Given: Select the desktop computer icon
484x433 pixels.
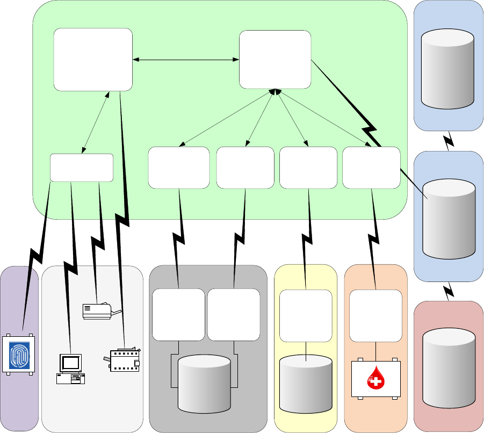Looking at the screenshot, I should point(70,369).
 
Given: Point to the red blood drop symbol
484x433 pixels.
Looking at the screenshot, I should point(376,380).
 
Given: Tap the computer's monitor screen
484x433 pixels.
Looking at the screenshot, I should point(70,363).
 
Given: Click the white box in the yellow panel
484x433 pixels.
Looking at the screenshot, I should point(306,316).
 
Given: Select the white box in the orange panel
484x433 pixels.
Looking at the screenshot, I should point(375,316).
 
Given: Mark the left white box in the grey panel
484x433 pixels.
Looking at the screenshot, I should point(178,315).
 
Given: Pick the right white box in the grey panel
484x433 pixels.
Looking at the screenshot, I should point(234,315).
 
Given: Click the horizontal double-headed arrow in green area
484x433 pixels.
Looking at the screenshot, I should point(186,60).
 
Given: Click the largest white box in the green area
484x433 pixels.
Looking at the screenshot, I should point(93,60).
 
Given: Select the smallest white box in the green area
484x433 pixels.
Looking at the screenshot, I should point(82,168).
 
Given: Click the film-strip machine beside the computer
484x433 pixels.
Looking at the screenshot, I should point(122,360).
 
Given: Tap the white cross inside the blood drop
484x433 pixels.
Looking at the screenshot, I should point(376,382).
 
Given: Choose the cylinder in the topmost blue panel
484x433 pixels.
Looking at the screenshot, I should point(448,69).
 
